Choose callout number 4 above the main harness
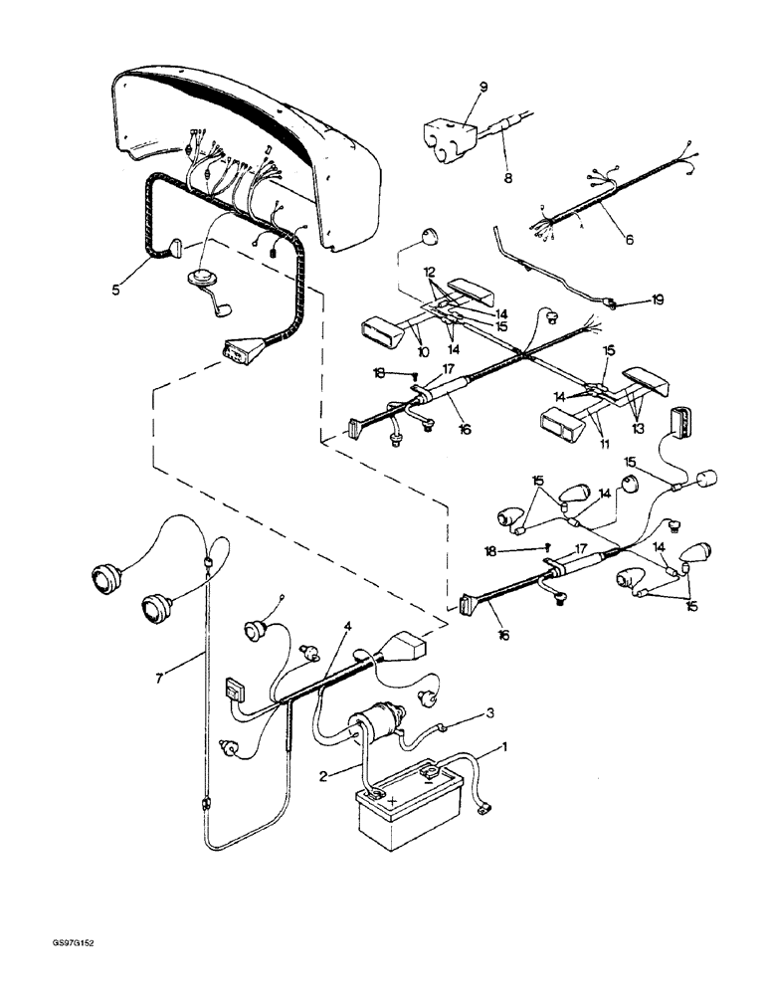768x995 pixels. (346, 627)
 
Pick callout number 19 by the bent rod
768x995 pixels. (630, 298)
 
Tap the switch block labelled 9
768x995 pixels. (448, 134)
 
